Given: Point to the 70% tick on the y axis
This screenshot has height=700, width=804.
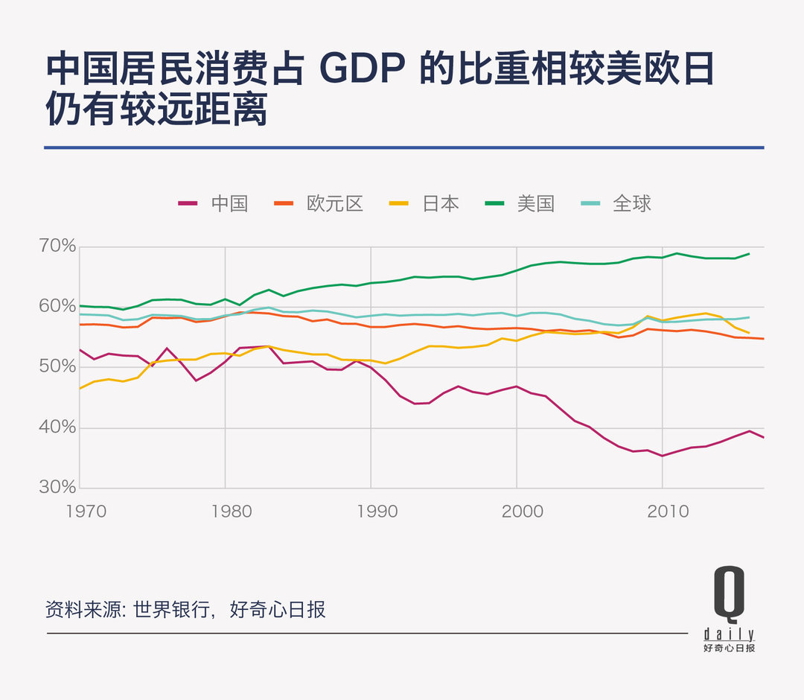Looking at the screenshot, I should point(58,246).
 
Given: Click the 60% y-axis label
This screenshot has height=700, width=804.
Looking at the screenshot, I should point(58,306).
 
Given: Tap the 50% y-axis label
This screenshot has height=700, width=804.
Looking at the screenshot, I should point(58,366).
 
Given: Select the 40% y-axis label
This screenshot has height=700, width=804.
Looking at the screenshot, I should point(58,427).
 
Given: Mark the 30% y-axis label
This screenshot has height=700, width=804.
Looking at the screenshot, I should point(58,487).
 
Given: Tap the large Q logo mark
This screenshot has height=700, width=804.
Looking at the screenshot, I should point(729,594).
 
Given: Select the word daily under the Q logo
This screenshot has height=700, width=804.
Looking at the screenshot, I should point(729,635).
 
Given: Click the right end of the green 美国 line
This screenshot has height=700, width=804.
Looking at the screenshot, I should point(748,254).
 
